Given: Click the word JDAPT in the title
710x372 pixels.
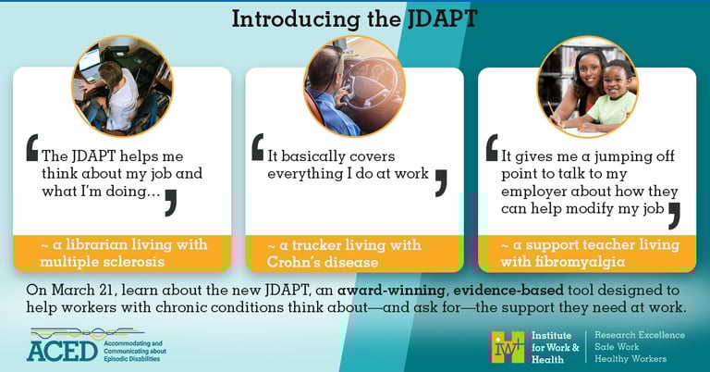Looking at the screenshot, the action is point(442,19).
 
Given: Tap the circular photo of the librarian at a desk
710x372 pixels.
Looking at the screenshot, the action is point(122,86).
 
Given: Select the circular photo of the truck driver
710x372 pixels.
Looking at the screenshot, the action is point(355,86).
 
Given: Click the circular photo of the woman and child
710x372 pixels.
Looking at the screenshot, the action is point(588,87).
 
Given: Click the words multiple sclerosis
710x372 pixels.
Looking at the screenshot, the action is point(102,262).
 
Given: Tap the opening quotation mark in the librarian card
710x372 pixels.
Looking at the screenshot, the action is point(32,148).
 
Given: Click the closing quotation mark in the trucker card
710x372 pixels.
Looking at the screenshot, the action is point(441,183).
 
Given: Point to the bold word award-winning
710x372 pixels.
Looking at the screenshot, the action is point(391,290).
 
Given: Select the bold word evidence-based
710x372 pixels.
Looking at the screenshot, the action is point(508,290).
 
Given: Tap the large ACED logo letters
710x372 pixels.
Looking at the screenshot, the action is point(63,351).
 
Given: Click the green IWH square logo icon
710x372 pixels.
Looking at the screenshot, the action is point(508,347).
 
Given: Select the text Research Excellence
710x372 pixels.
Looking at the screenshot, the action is point(640,335).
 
